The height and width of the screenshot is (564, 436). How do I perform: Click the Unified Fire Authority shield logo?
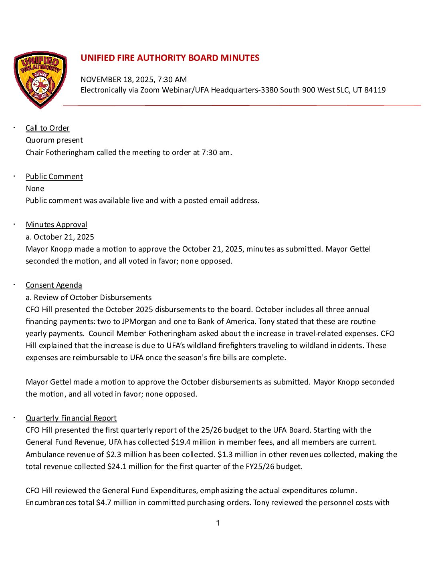[x=40, y=79]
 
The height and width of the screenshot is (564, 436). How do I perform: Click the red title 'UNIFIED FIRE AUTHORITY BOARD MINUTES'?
[x=170, y=58]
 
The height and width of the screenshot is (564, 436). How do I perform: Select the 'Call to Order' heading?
[x=47, y=128]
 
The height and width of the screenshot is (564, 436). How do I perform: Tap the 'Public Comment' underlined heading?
[x=54, y=177]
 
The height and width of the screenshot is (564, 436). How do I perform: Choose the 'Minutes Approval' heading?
[x=56, y=225]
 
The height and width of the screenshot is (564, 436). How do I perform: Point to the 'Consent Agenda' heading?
[x=54, y=285]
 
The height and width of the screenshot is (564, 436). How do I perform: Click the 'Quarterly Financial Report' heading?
[x=71, y=418]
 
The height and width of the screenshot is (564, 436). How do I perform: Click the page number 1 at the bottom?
[x=218, y=523]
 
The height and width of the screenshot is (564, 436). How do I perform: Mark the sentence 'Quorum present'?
[x=54, y=140]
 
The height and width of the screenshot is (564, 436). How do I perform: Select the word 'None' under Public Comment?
[x=35, y=189]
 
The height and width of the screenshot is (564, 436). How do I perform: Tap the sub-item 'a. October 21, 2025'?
[x=60, y=237]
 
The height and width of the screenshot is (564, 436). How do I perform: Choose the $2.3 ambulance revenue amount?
[x=114, y=455]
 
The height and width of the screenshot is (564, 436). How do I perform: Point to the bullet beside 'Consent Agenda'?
[x=14, y=285]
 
